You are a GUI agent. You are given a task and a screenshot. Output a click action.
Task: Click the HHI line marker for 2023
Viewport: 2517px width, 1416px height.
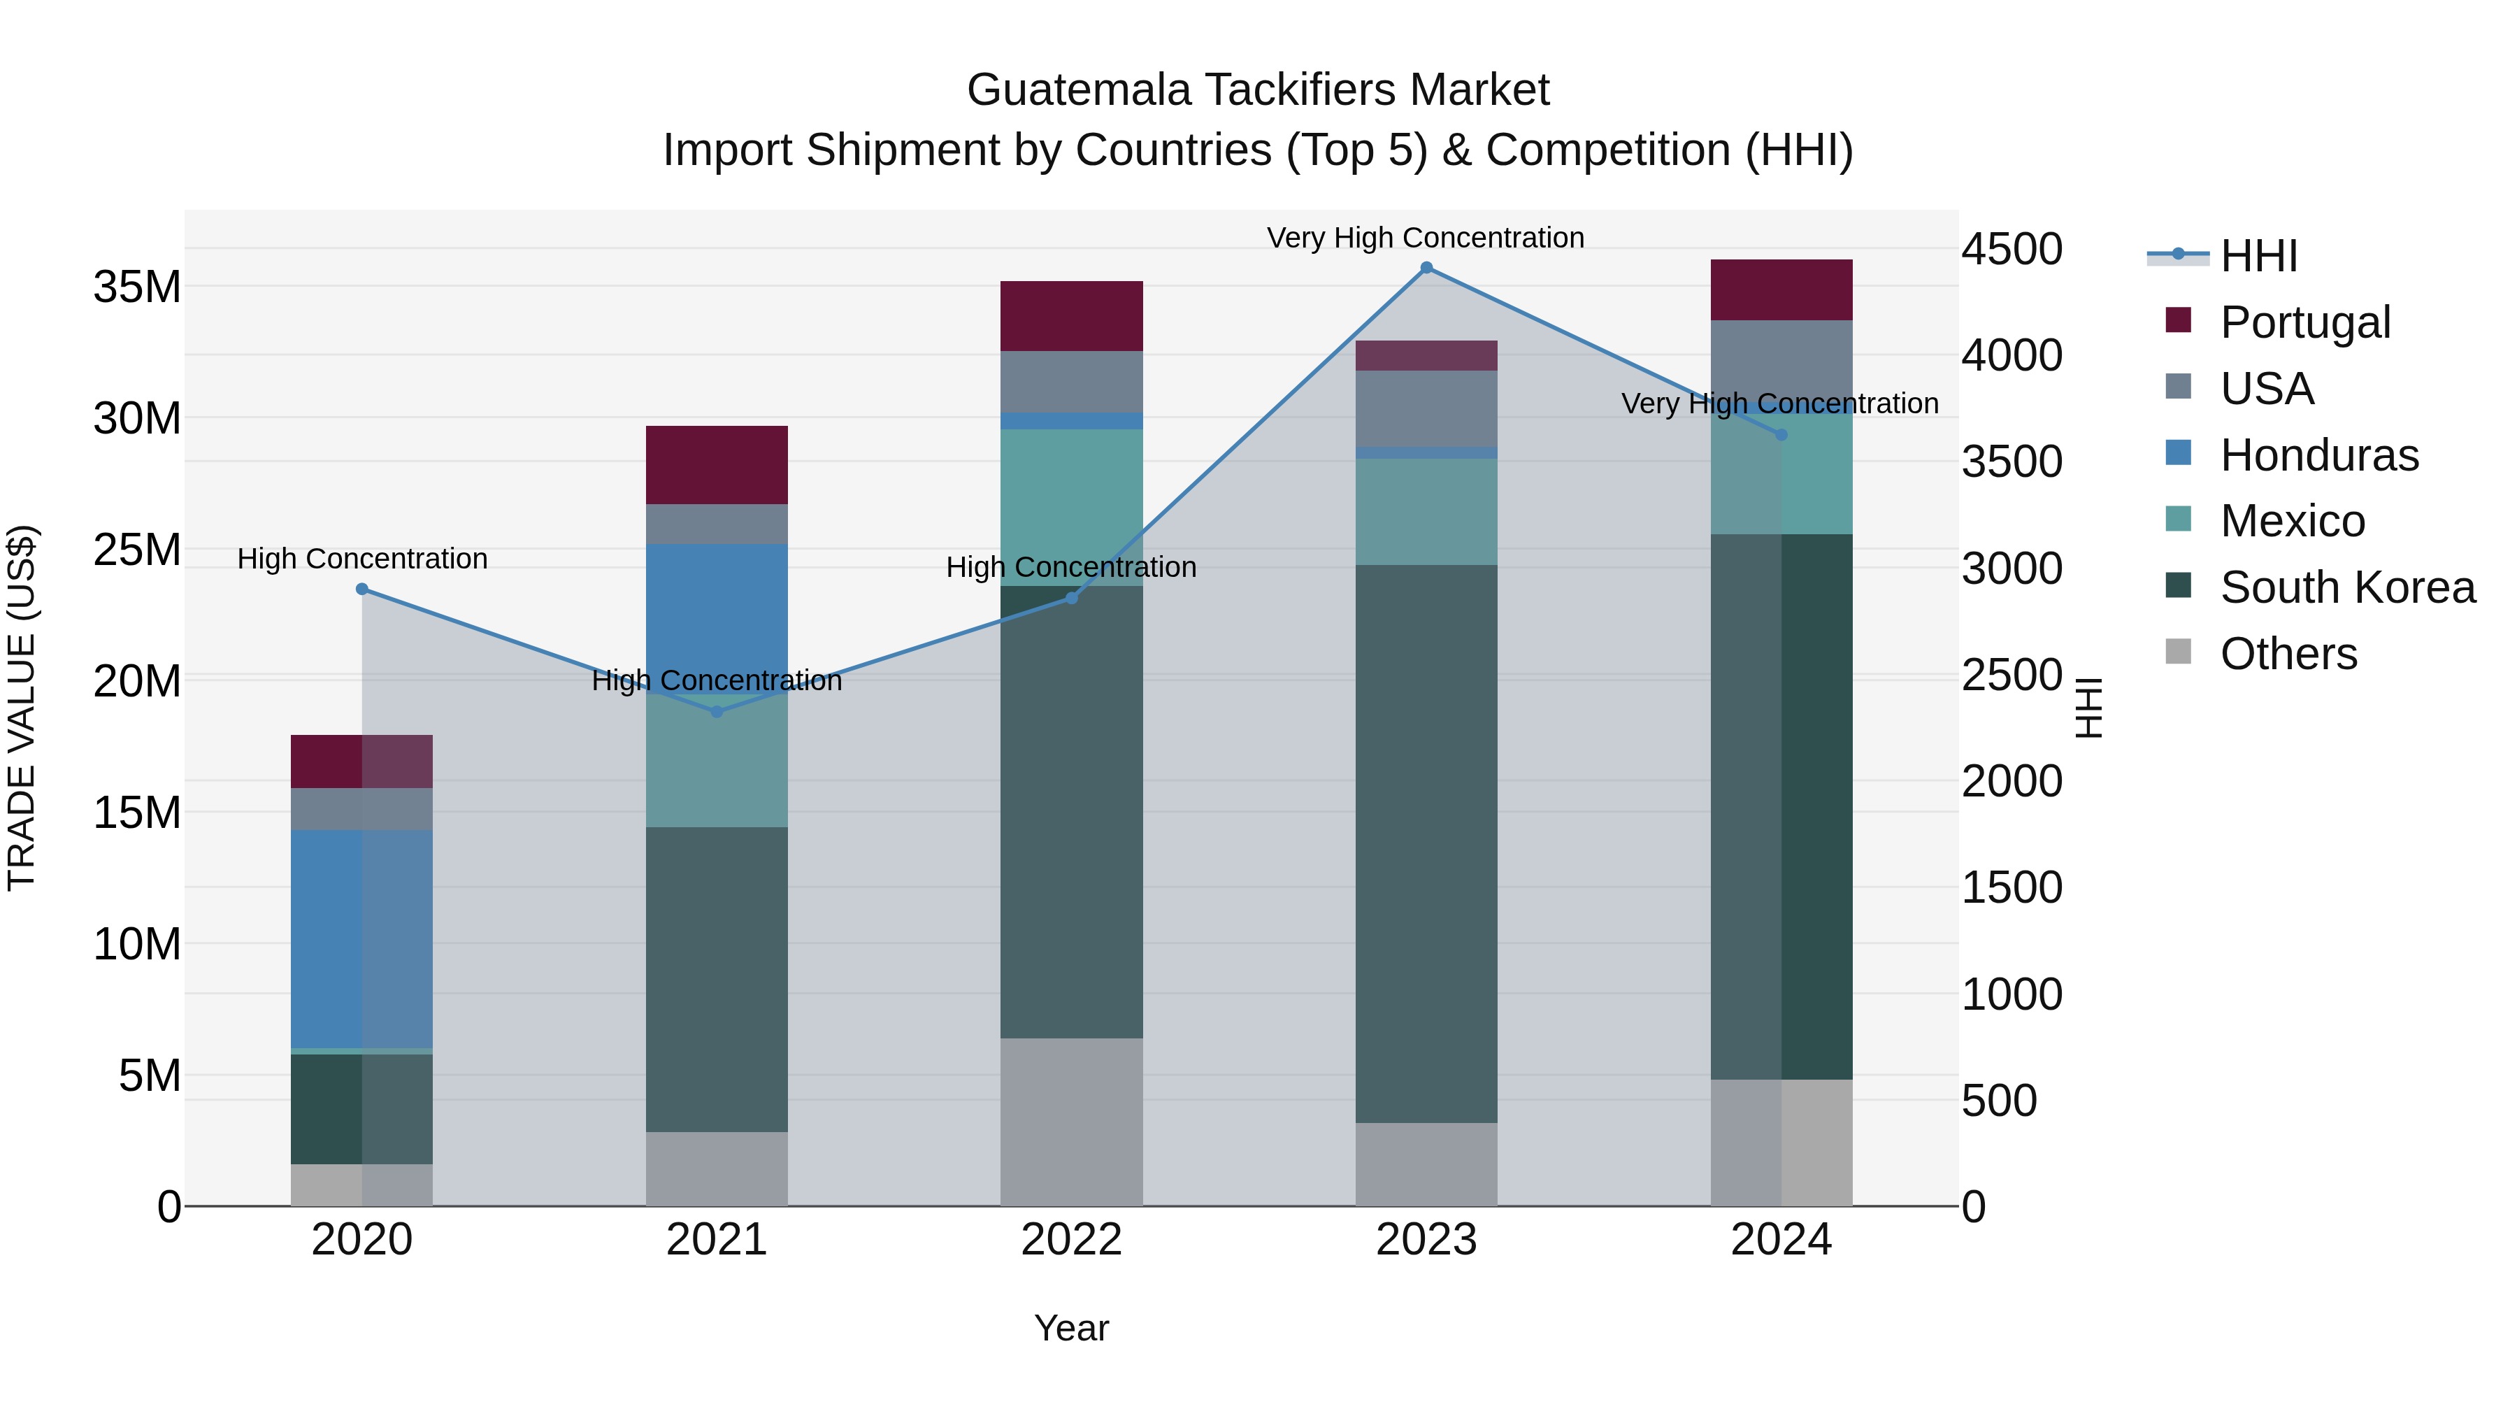click(1426, 268)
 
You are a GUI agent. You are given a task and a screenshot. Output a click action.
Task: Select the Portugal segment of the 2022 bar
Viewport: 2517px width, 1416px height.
click(1071, 315)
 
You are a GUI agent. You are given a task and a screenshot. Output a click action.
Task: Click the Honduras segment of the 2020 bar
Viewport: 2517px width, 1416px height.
click(361, 938)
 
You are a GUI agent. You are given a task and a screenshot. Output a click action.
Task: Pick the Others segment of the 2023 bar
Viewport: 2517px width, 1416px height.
click(1426, 1163)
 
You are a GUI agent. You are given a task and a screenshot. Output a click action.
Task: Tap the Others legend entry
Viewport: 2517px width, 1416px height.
click(2288, 654)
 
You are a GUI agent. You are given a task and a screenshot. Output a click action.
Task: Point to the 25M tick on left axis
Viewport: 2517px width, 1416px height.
click(137, 550)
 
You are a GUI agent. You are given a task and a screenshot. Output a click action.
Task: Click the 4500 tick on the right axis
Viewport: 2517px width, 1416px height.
click(2011, 249)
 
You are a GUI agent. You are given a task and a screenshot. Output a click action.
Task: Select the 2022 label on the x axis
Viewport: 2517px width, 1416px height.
click(1071, 1240)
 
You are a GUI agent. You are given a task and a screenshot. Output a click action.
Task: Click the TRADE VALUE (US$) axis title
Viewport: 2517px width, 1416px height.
click(22, 708)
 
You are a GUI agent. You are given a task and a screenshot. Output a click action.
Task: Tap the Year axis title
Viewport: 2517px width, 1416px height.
click(1071, 1328)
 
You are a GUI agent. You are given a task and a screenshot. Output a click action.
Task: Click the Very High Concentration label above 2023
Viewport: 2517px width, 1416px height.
click(1426, 238)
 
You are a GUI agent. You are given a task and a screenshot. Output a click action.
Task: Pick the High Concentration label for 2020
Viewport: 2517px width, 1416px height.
click(361, 559)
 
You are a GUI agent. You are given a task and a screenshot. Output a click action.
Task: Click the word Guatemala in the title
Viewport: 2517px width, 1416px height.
click(1079, 90)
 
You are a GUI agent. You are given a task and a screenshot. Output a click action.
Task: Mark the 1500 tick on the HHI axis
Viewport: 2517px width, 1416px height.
click(2011, 887)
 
